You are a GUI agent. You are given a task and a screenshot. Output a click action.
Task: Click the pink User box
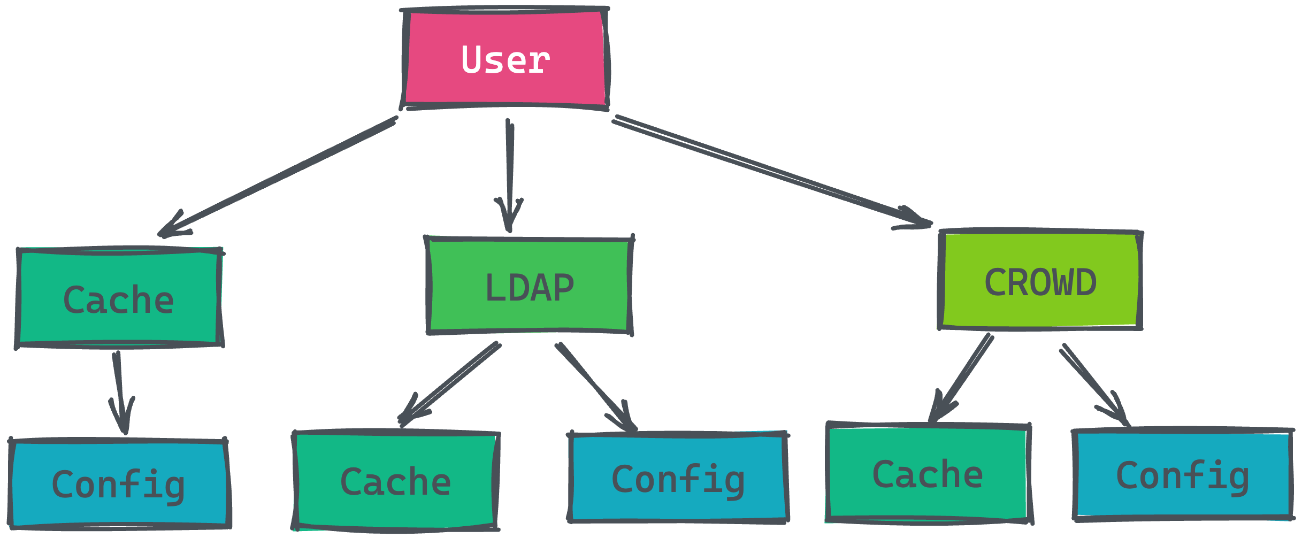(x=505, y=59)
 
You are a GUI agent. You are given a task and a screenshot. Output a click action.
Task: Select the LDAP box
(x=529, y=286)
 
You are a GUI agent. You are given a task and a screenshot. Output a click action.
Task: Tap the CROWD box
(x=1040, y=280)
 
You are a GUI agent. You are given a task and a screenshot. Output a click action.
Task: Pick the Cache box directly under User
(x=119, y=298)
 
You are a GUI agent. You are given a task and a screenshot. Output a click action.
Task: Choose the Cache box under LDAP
(x=396, y=480)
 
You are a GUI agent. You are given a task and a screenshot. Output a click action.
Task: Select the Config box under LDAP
(x=678, y=477)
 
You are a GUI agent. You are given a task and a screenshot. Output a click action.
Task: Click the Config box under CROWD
(x=1183, y=474)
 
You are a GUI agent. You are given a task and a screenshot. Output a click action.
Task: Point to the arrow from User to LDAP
(x=510, y=175)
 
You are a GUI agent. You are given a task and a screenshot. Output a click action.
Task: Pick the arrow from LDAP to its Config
(x=596, y=387)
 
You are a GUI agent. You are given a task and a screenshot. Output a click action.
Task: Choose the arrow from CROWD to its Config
(x=1094, y=385)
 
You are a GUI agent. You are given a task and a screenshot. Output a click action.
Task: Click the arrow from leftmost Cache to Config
(x=120, y=393)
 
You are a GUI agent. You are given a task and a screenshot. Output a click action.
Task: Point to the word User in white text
(x=506, y=59)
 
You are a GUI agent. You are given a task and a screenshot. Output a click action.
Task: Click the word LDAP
(x=530, y=288)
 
